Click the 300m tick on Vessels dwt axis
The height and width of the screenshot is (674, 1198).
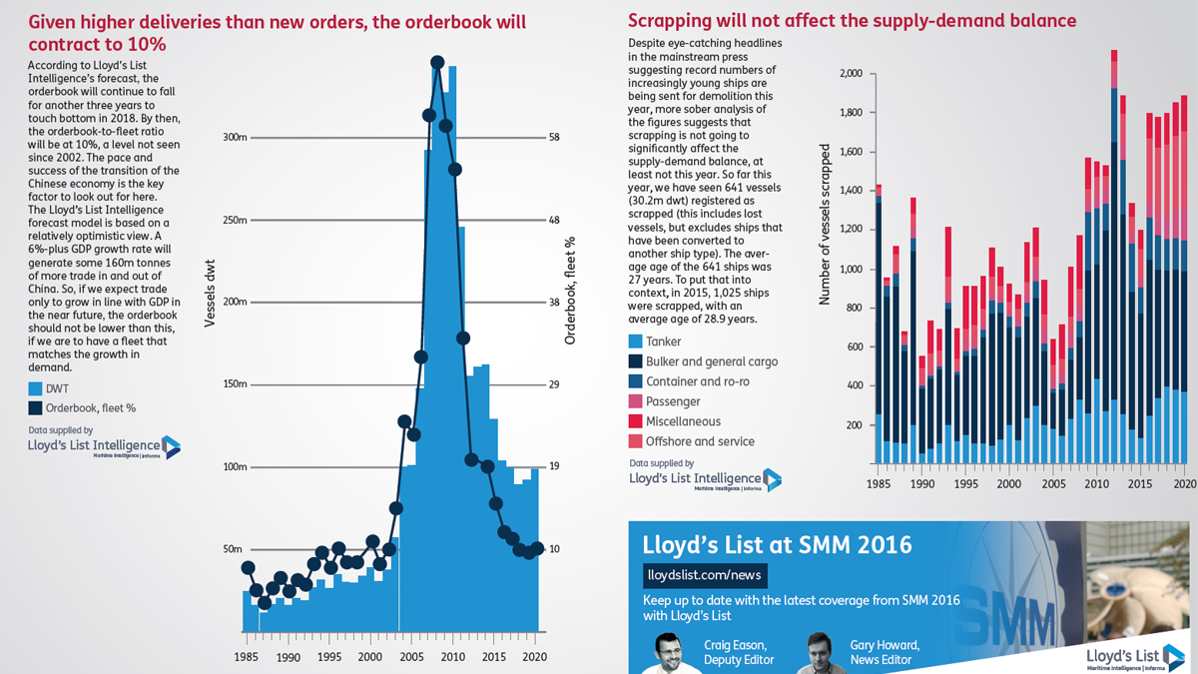235,138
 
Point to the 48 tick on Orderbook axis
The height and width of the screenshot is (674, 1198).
553,220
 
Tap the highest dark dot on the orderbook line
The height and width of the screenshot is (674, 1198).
437,63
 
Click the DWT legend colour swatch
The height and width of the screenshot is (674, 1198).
35,388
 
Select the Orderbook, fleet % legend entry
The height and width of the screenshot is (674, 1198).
82,408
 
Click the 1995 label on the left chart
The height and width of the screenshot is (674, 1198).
328,657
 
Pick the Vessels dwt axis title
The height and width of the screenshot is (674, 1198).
210,294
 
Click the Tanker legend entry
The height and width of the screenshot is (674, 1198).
655,341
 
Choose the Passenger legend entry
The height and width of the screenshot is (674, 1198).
665,401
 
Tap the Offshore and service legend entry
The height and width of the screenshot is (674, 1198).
692,441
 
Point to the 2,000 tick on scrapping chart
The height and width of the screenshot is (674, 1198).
852,73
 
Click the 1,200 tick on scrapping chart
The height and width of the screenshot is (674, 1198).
852,230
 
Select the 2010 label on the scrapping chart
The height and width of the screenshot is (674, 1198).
1096,484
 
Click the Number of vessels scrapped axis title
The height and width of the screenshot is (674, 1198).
825,225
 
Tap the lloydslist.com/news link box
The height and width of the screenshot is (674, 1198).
705,575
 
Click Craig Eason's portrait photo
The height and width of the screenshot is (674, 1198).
670,653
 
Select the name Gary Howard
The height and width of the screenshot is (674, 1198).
885,645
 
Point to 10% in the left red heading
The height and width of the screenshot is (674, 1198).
147,44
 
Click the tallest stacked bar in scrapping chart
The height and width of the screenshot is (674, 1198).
1114,257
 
